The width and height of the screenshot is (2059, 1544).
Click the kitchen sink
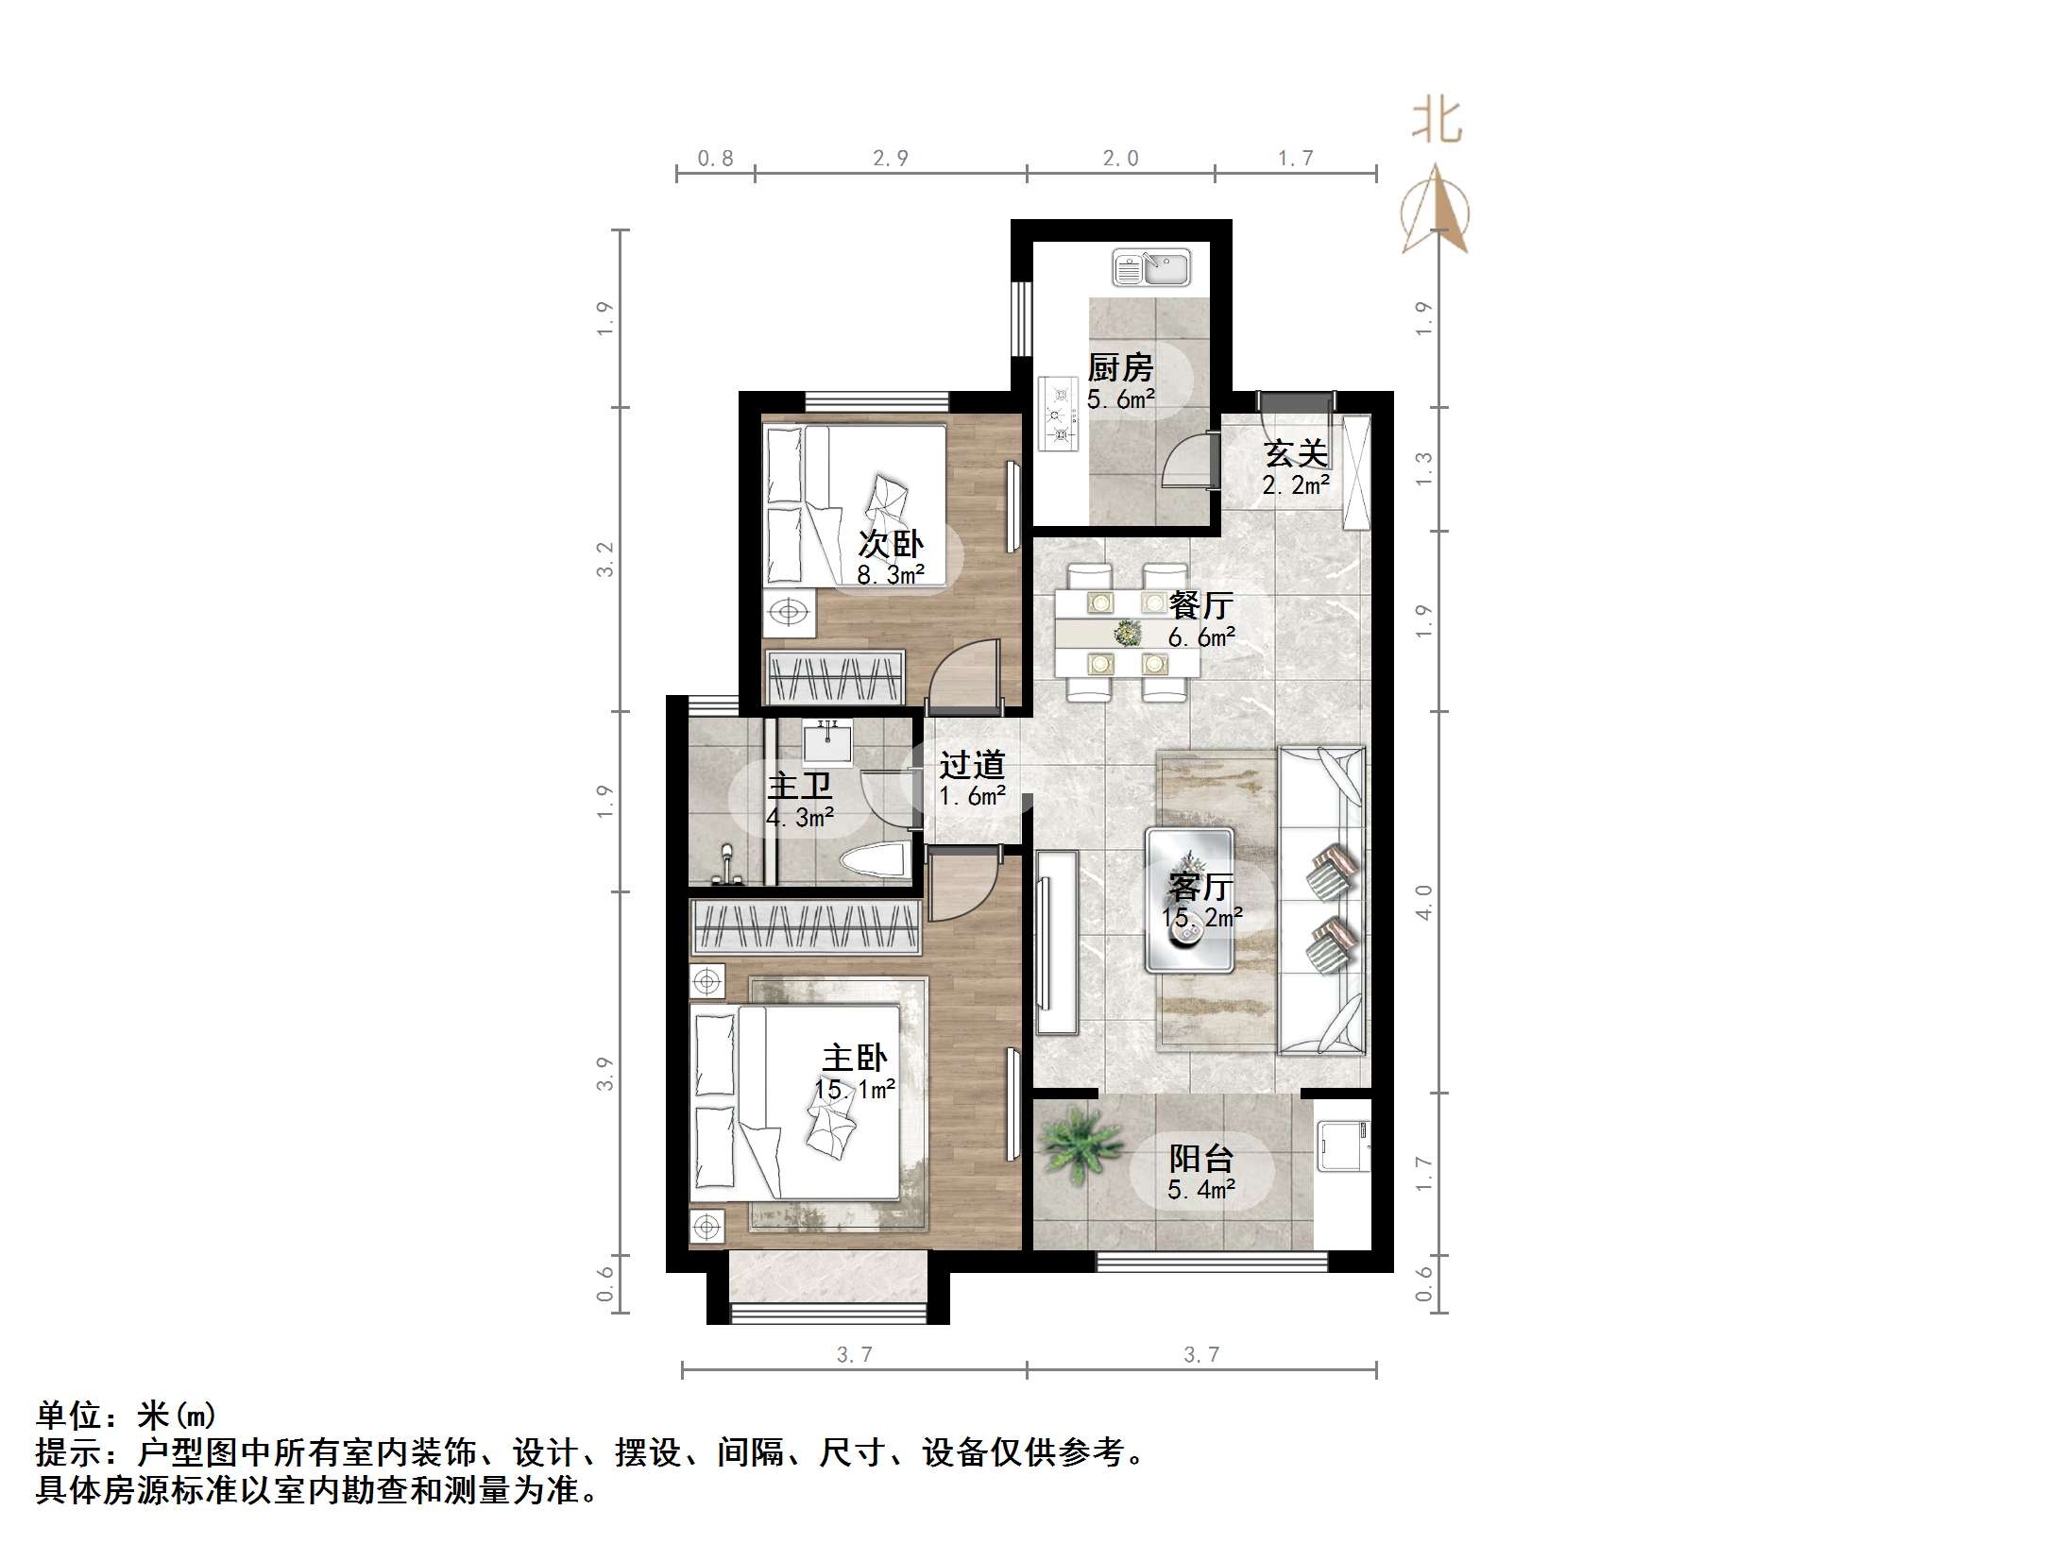pyautogui.click(x=1150, y=267)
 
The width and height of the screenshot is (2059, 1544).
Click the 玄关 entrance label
pyautogui.click(x=1296, y=454)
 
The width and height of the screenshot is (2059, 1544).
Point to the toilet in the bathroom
pyautogui.click(x=875, y=861)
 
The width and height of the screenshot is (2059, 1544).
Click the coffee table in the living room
pyautogui.click(x=1189, y=900)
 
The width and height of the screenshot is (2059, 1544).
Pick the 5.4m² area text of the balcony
pyautogui.click(x=1200, y=1190)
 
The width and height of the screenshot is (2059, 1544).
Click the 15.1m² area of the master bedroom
pyautogui.click(x=855, y=1090)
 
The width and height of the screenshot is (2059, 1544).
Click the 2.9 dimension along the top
pyautogui.click(x=890, y=159)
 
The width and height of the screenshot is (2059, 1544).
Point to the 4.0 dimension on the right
pyautogui.click(x=1424, y=901)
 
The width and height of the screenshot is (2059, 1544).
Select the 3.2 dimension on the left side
pyautogui.click(x=604, y=559)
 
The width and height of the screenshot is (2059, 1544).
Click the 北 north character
pyautogui.click(x=1437, y=122)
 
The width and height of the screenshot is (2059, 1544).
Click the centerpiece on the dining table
pyautogui.click(x=1126, y=632)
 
